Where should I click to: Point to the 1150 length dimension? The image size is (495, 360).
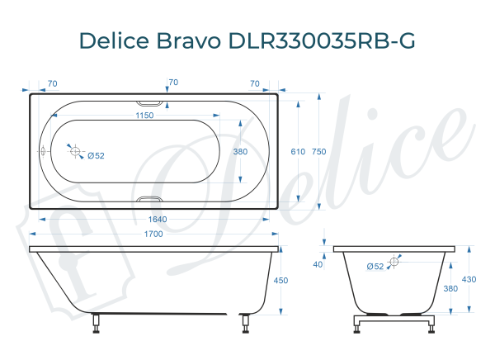click(x=145, y=116)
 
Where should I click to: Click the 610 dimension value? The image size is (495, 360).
click(x=298, y=152)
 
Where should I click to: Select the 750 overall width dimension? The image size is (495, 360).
click(x=319, y=152)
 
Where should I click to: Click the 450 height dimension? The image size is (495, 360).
click(x=281, y=281)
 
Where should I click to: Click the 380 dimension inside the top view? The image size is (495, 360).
click(x=240, y=152)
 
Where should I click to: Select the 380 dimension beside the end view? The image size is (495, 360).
click(x=450, y=288)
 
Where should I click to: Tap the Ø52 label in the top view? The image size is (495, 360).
click(x=96, y=155)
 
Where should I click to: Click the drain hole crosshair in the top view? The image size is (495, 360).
click(x=75, y=152)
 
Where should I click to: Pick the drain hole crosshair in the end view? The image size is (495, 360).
click(x=394, y=261)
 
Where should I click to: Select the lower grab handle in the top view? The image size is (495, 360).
click(x=150, y=200)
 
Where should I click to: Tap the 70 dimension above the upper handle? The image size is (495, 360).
click(x=173, y=83)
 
